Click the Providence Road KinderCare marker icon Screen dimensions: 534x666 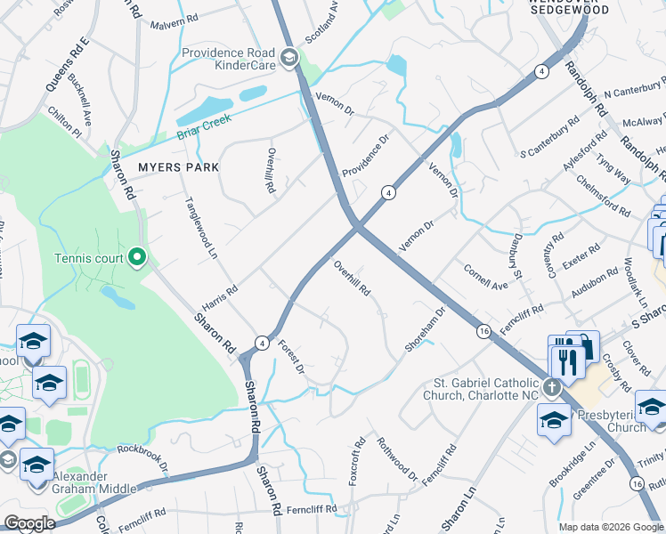[x=288, y=59]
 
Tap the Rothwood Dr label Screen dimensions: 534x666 [x=397, y=457]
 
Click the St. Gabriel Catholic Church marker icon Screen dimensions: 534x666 [x=552, y=387]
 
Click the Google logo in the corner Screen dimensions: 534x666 [x=29, y=523]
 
